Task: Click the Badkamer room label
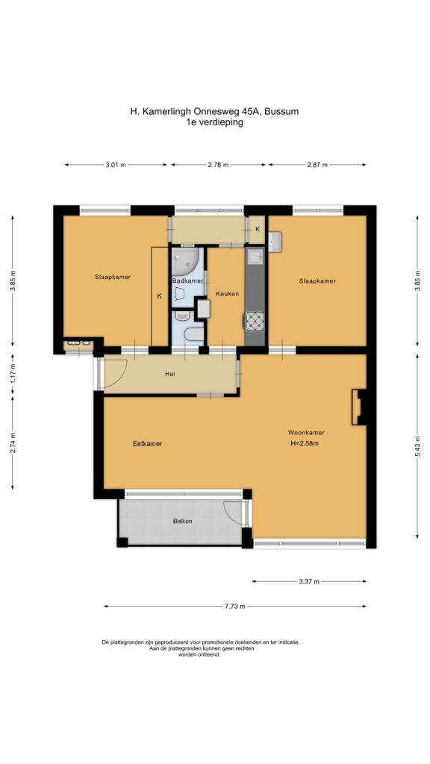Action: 187,281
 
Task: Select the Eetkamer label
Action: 147,444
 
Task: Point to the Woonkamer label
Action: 306,432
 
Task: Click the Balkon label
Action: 182,521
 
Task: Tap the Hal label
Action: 170,375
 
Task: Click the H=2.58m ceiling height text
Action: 305,443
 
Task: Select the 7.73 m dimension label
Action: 235,607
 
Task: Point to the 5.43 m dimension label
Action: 417,445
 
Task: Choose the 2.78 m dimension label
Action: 218,165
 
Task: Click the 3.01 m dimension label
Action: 116,165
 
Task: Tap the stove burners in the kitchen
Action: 255,321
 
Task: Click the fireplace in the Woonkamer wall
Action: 358,407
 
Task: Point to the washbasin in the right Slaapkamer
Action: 275,242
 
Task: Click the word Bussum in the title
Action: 282,111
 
